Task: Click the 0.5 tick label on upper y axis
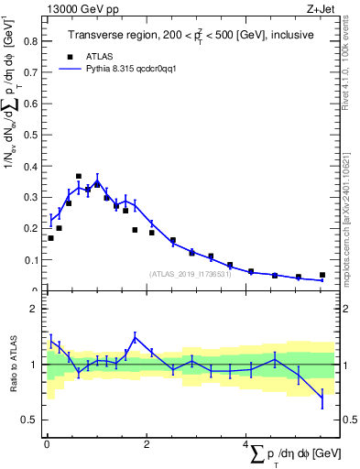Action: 28,135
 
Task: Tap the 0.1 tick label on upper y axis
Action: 28,260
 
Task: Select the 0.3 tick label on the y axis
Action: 28,197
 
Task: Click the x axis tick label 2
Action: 147,445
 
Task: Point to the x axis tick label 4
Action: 245,445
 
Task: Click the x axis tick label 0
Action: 47,445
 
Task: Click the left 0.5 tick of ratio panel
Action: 28,420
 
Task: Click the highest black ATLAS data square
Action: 79,176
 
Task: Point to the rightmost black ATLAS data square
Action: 322,275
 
